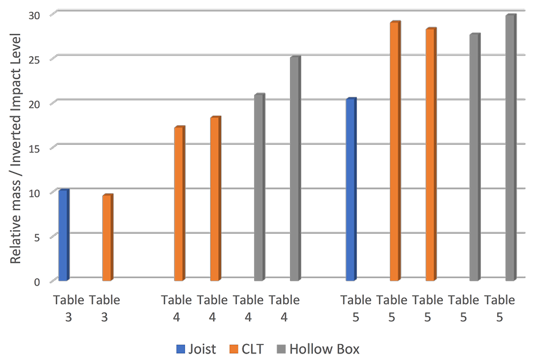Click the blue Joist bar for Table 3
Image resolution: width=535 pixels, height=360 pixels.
tap(63, 235)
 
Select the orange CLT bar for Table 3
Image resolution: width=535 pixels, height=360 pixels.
tap(107, 238)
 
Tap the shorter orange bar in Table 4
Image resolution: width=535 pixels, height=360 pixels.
tap(179, 204)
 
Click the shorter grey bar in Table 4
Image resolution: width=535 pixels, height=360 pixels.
tap(258, 188)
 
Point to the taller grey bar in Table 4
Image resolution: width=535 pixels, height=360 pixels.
tap(295, 168)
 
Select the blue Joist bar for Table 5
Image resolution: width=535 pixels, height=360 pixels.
tap(351, 190)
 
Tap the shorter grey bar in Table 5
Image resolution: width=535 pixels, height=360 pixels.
tap(474, 157)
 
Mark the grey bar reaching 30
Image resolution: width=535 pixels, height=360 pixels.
tap(510, 148)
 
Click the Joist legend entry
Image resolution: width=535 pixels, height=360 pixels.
tap(196, 349)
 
